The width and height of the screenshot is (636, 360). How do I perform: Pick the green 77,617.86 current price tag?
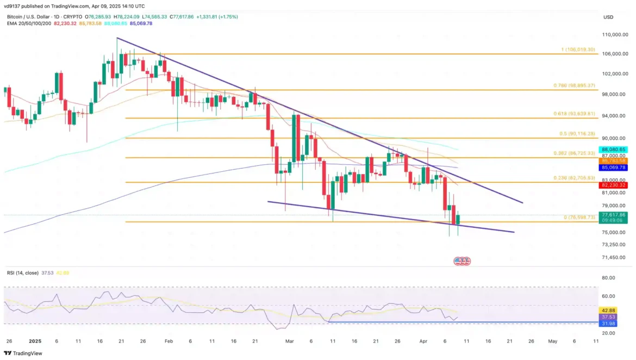pos(614,215)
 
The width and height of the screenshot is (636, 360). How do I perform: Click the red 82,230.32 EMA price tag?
pos(614,185)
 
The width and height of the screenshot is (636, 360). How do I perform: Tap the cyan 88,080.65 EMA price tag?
pos(614,150)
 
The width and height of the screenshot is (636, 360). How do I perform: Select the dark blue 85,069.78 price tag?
pos(614,167)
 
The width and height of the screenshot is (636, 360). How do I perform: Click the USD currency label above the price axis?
pos(608,17)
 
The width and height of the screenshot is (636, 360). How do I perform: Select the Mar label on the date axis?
pos(289,342)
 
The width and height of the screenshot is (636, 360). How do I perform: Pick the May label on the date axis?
pos(553,342)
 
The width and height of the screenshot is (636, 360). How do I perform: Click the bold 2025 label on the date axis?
pos(35,342)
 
